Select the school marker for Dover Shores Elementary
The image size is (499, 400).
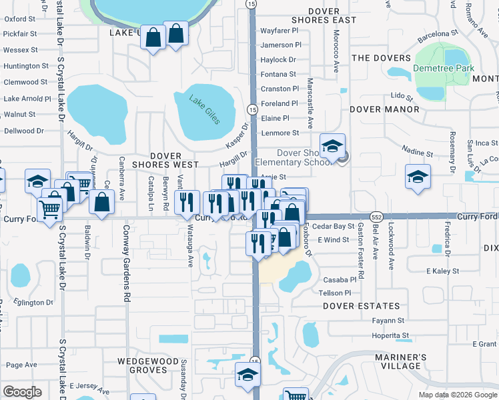pyautogui.click(x=332, y=145)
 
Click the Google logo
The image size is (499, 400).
pyautogui.click(x=22, y=391)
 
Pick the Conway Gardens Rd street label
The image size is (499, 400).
pyautogui.click(x=125, y=263)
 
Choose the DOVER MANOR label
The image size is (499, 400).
pyautogui.click(x=388, y=109)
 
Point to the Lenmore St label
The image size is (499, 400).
pyautogui.click(x=279, y=133)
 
